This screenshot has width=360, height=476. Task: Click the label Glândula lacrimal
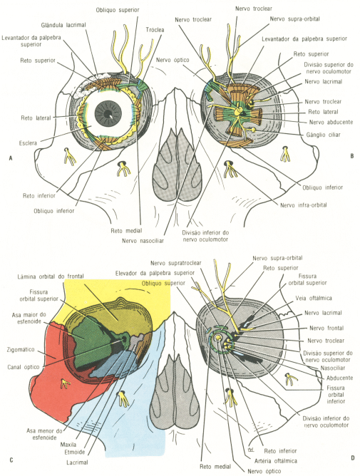point(63,25)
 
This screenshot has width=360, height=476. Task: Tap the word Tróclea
point(155,30)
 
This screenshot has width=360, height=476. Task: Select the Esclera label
point(28,143)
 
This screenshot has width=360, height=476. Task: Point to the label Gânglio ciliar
point(323,135)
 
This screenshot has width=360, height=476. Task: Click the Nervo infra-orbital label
point(304,205)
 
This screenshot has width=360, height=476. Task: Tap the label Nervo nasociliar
point(143,241)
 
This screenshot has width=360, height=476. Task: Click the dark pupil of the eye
point(108,114)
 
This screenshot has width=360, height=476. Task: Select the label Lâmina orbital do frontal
point(51,276)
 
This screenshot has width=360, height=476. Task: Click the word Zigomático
point(21,350)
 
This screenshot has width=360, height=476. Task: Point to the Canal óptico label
point(24,367)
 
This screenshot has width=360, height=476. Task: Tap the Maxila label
point(68,445)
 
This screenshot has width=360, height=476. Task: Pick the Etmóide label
point(75,452)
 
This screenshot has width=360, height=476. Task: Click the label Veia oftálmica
point(314,298)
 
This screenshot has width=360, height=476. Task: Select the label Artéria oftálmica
point(276,461)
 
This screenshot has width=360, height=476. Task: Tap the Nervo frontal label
point(326,328)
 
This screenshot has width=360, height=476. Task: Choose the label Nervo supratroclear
point(176,263)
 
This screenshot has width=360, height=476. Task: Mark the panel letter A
point(11,158)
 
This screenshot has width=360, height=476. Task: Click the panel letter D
point(352,457)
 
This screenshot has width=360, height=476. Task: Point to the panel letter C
point(11,460)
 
